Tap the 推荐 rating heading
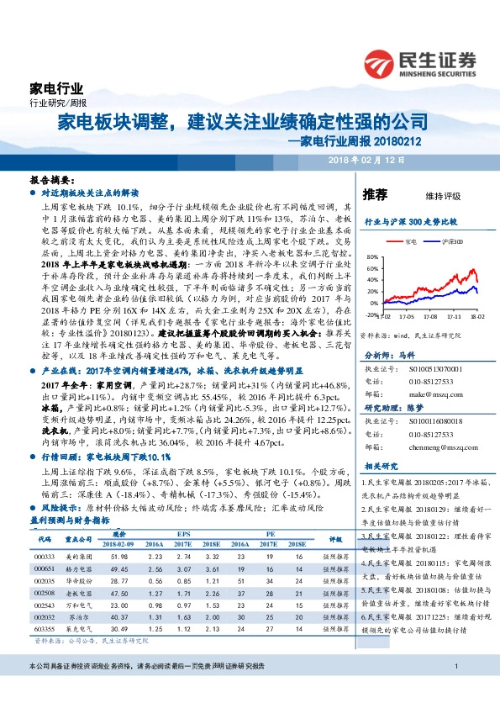[375, 194]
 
